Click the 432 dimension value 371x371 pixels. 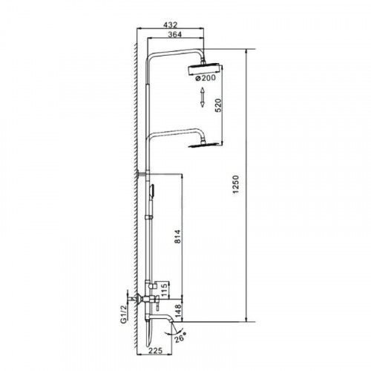[171, 24]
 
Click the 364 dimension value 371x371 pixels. [174, 34]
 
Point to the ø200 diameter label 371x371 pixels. [206, 78]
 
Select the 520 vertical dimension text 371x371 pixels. [218, 105]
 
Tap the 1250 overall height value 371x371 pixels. [236, 184]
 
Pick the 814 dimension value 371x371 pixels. [177, 237]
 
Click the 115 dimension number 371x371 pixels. [165, 290]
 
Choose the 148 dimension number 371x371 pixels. [177, 311]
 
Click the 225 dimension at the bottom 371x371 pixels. [156, 350]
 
